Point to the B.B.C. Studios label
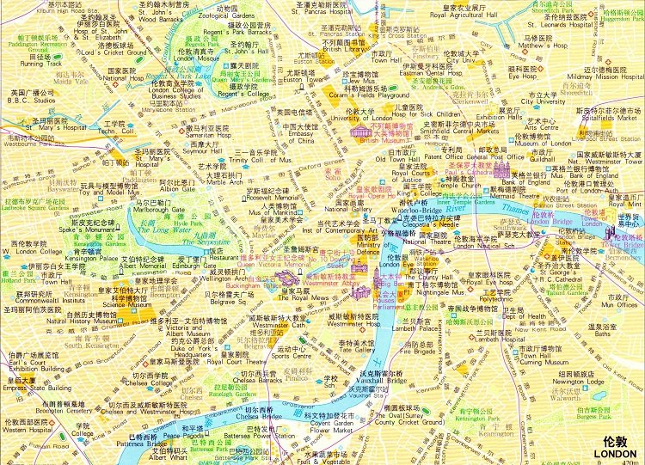(32, 100)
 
